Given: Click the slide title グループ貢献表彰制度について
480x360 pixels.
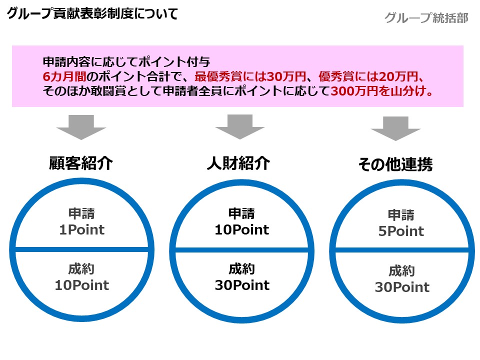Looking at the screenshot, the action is click(x=92, y=13).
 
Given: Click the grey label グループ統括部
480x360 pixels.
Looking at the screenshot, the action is click(x=426, y=18).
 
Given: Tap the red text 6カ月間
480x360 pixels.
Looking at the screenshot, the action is click(x=64, y=76).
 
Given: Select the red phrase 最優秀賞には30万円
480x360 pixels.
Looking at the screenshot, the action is click(x=250, y=76).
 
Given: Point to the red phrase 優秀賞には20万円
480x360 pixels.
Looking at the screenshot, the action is click(x=368, y=76).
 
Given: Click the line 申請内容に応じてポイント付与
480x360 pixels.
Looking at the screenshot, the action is click(x=126, y=62).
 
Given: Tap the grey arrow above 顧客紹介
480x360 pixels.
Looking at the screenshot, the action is click(x=81, y=127).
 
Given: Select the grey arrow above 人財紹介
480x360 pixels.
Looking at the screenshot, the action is click(x=240, y=127).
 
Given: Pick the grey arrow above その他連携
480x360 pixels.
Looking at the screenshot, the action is click(x=395, y=128).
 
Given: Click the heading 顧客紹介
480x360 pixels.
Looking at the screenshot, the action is click(x=81, y=163).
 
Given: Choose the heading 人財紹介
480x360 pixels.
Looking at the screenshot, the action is click(x=238, y=163).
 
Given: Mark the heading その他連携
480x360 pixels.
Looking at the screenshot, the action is click(x=395, y=164).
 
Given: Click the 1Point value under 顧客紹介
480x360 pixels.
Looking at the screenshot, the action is click(x=81, y=229).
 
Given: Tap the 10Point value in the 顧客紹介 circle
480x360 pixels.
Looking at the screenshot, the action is click(x=81, y=285).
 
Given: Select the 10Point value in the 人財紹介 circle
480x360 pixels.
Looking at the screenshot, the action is click(x=242, y=229).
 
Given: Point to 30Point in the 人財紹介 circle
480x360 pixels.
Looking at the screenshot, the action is click(x=242, y=285).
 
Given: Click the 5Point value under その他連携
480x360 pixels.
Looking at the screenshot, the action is click(x=401, y=231).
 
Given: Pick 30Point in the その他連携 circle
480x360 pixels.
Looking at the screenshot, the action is click(x=402, y=287).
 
